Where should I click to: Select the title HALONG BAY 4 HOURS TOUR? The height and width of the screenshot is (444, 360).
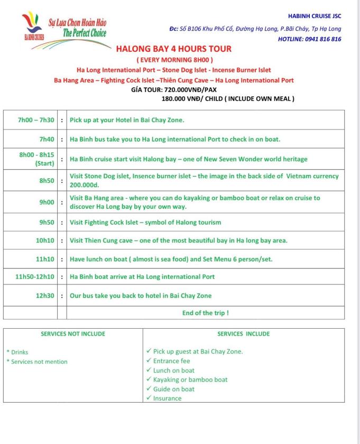tap(174, 49)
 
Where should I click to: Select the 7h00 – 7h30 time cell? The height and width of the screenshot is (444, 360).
tap(36, 120)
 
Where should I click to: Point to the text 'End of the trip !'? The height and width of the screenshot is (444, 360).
tap(206, 312)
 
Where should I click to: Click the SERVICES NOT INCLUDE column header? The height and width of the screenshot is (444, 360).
tap(73, 334)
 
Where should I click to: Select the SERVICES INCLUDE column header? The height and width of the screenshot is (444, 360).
tap(243, 334)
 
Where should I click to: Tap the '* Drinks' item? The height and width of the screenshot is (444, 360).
tap(17, 352)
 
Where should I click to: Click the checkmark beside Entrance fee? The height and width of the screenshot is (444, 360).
tap(149, 361)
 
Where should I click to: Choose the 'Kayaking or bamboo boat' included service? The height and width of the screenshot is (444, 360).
tap(190, 380)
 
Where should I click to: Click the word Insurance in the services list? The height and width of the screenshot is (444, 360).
tap(167, 398)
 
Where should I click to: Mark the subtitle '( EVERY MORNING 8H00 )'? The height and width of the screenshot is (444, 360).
tap(174, 60)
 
